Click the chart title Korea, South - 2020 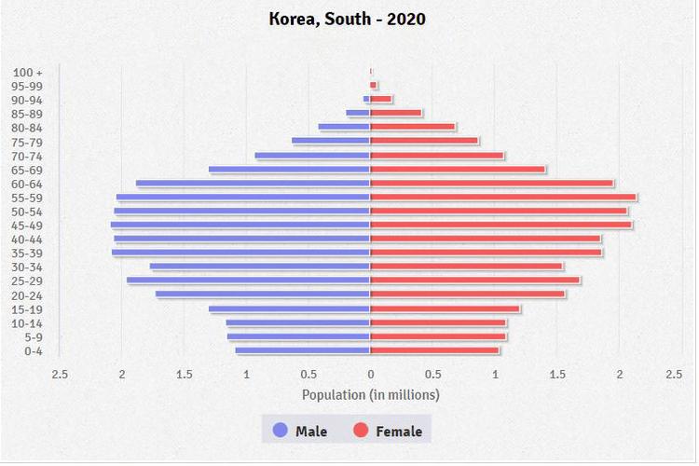pyautogui.click(x=347, y=19)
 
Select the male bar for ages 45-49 pyautogui.click(x=240, y=225)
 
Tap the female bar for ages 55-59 pyautogui.click(x=503, y=197)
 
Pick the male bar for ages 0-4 pyautogui.click(x=303, y=350)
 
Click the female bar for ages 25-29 pyautogui.click(x=475, y=281)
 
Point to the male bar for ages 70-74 pyautogui.click(x=313, y=156)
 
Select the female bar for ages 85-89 pyautogui.click(x=396, y=114)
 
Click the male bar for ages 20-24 pyautogui.click(x=263, y=295)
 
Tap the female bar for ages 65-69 pyautogui.click(x=458, y=170)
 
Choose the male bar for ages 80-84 pyautogui.click(x=345, y=128)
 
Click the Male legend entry pyautogui.click(x=300, y=432)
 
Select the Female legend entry pyautogui.click(x=387, y=432)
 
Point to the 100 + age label pyautogui.click(x=28, y=72)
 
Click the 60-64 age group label pyautogui.click(x=28, y=184)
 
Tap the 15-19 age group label pyautogui.click(x=28, y=309)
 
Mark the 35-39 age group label pyautogui.click(x=28, y=254)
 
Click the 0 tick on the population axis pyautogui.click(x=371, y=375)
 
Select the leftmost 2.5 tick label pyautogui.click(x=60, y=375)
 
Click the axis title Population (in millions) pyautogui.click(x=371, y=395)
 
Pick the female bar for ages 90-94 pyautogui.click(x=381, y=100)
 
